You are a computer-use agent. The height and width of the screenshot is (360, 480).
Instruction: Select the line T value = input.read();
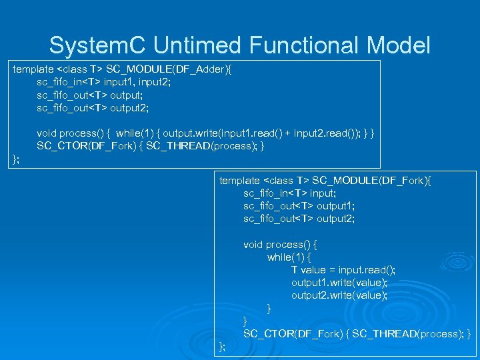[343, 270]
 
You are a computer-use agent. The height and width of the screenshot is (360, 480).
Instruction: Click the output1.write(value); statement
[339, 283]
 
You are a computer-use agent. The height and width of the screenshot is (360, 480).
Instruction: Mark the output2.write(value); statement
[339, 295]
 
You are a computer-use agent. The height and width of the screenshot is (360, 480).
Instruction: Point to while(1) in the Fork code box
[289, 257]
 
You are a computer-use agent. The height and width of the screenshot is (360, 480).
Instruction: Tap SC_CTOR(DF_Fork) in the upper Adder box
[89, 145]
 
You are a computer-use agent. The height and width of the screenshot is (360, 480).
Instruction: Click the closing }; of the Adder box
[17, 158]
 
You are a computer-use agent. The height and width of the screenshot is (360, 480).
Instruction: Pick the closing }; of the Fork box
[223, 346]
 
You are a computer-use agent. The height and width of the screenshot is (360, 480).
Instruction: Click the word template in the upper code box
[33, 69]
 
